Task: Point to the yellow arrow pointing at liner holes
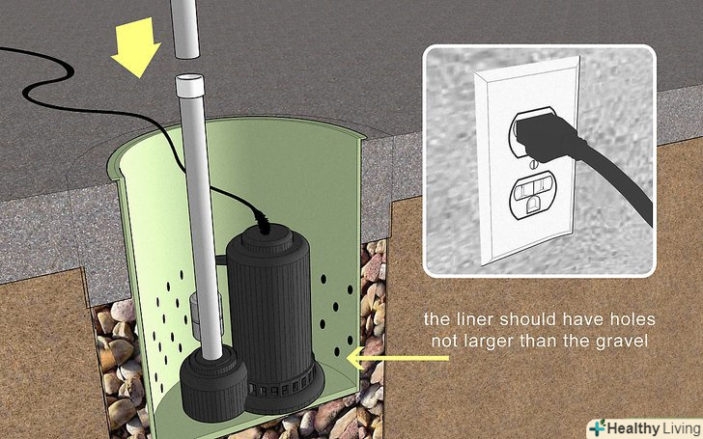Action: pos(398,358)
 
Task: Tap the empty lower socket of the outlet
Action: pos(533,195)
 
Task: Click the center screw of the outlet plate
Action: pos(533,164)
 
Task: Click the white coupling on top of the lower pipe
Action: pos(190,86)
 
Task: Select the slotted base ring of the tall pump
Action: pos(283,388)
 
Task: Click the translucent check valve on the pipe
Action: pos(206,315)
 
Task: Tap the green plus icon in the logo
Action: pos(597,428)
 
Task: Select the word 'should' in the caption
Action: pos(529,319)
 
